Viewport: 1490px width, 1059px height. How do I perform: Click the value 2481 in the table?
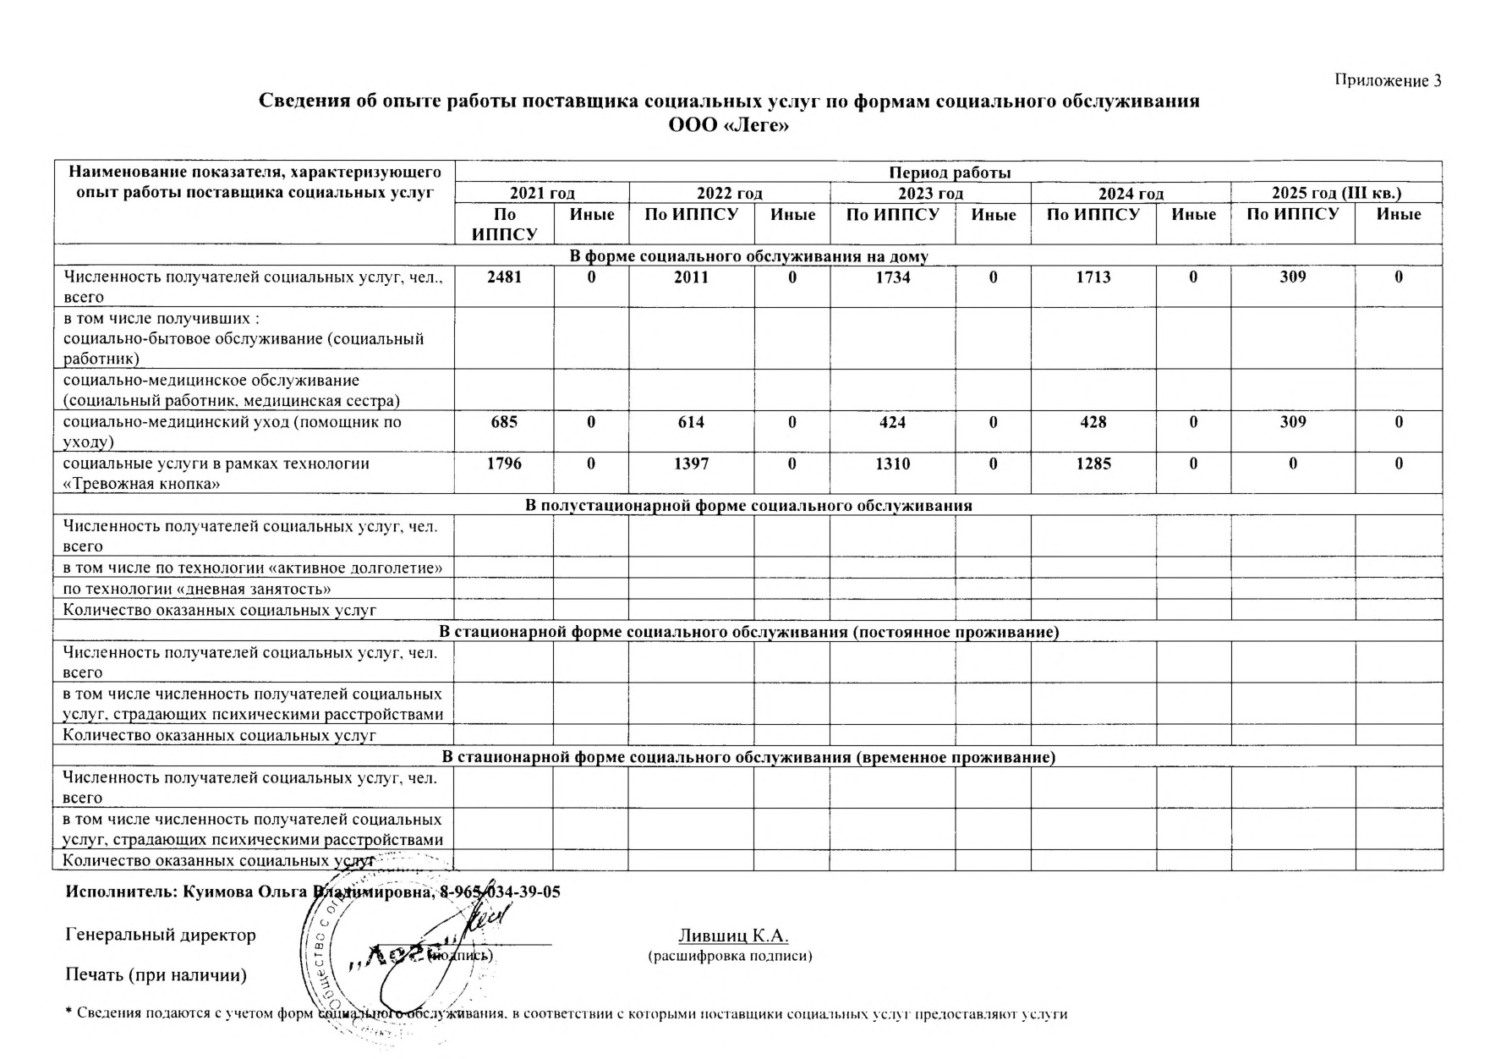(x=504, y=277)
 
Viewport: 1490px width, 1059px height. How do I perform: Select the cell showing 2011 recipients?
(x=691, y=277)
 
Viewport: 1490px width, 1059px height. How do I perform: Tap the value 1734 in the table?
(x=893, y=277)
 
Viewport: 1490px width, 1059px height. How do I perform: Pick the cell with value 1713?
(x=1093, y=277)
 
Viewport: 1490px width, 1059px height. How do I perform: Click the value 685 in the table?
(x=504, y=422)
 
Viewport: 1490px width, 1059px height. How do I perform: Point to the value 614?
(x=691, y=422)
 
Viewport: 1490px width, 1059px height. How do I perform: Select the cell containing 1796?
(x=504, y=464)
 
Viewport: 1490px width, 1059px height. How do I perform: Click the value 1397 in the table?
(x=691, y=464)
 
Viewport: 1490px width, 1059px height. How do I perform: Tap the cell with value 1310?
(x=893, y=464)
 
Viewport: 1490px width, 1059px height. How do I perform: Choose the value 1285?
(x=1093, y=464)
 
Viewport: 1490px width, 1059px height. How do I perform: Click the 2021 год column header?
(x=542, y=194)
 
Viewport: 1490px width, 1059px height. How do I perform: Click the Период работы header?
(x=949, y=173)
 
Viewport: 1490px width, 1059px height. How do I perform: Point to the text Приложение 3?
(x=1388, y=81)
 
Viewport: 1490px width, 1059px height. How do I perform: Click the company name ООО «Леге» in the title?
(x=728, y=125)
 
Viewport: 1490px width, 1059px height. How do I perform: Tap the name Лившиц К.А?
(x=733, y=936)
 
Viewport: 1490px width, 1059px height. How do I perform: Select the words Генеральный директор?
(x=161, y=936)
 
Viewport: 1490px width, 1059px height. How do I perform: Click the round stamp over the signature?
(x=381, y=956)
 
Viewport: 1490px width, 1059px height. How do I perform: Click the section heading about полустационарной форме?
(x=748, y=506)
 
